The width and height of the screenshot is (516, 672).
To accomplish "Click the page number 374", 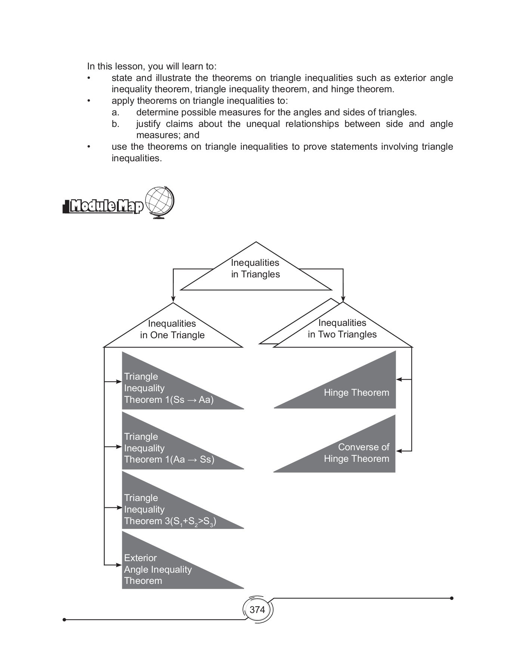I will (257, 610).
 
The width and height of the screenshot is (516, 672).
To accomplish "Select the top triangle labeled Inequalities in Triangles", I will (256, 269).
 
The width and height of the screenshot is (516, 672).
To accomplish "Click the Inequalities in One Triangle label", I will (172, 329).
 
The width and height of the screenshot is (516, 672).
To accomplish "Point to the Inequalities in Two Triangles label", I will (342, 329).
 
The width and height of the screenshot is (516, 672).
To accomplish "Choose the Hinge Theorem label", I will (356, 393).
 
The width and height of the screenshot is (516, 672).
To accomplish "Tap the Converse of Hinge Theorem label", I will (357, 453).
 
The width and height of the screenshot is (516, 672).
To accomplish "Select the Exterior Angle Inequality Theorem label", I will (158, 569).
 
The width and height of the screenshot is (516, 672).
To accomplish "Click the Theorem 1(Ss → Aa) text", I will (169, 400).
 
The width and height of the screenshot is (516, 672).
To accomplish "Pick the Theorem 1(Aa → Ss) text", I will (169, 460).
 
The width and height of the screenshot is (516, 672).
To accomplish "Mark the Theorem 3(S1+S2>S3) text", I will (170, 522).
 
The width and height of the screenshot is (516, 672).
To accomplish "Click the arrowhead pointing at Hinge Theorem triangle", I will (399, 380).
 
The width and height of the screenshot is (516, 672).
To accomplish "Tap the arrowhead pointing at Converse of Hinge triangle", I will (399, 451).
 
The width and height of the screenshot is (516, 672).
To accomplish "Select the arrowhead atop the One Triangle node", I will (173, 299).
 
